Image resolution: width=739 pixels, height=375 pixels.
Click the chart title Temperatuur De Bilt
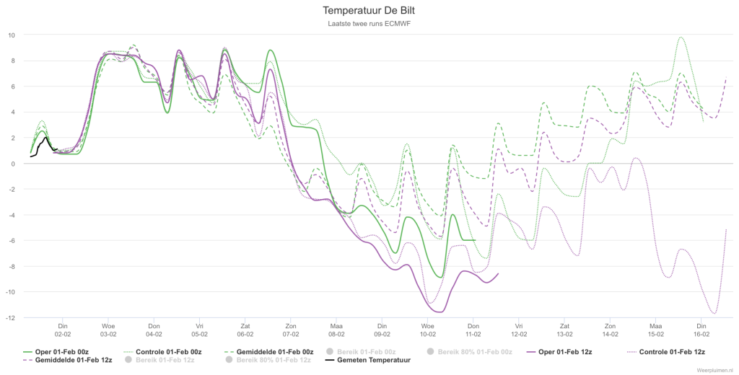(369, 10)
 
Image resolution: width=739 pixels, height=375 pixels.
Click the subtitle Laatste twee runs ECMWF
(369, 24)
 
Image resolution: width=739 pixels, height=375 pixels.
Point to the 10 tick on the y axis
(12, 35)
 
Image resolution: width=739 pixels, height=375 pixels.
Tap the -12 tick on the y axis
(10, 318)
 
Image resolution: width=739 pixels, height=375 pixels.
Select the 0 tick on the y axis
(13, 164)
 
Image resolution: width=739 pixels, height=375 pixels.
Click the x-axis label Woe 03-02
(108, 330)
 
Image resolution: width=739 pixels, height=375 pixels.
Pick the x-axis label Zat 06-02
(245, 330)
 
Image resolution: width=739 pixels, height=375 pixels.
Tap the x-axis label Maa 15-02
(655, 330)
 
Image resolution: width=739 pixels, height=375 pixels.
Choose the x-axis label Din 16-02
(701, 330)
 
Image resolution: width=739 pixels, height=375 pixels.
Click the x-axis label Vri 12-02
(519, 330)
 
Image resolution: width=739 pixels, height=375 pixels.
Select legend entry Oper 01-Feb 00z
(56, 352)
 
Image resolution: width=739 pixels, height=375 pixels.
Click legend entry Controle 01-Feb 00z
(162, 352)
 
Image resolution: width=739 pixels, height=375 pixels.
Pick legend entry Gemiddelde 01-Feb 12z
(67, 361)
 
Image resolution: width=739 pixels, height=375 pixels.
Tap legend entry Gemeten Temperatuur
(367, 361)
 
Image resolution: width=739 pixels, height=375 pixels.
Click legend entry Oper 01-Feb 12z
(559, 352)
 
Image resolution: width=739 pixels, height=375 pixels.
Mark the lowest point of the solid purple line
(440, 312)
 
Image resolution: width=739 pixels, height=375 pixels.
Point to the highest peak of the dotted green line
(680, 37)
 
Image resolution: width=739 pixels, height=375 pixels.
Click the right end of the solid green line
(475, 240)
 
